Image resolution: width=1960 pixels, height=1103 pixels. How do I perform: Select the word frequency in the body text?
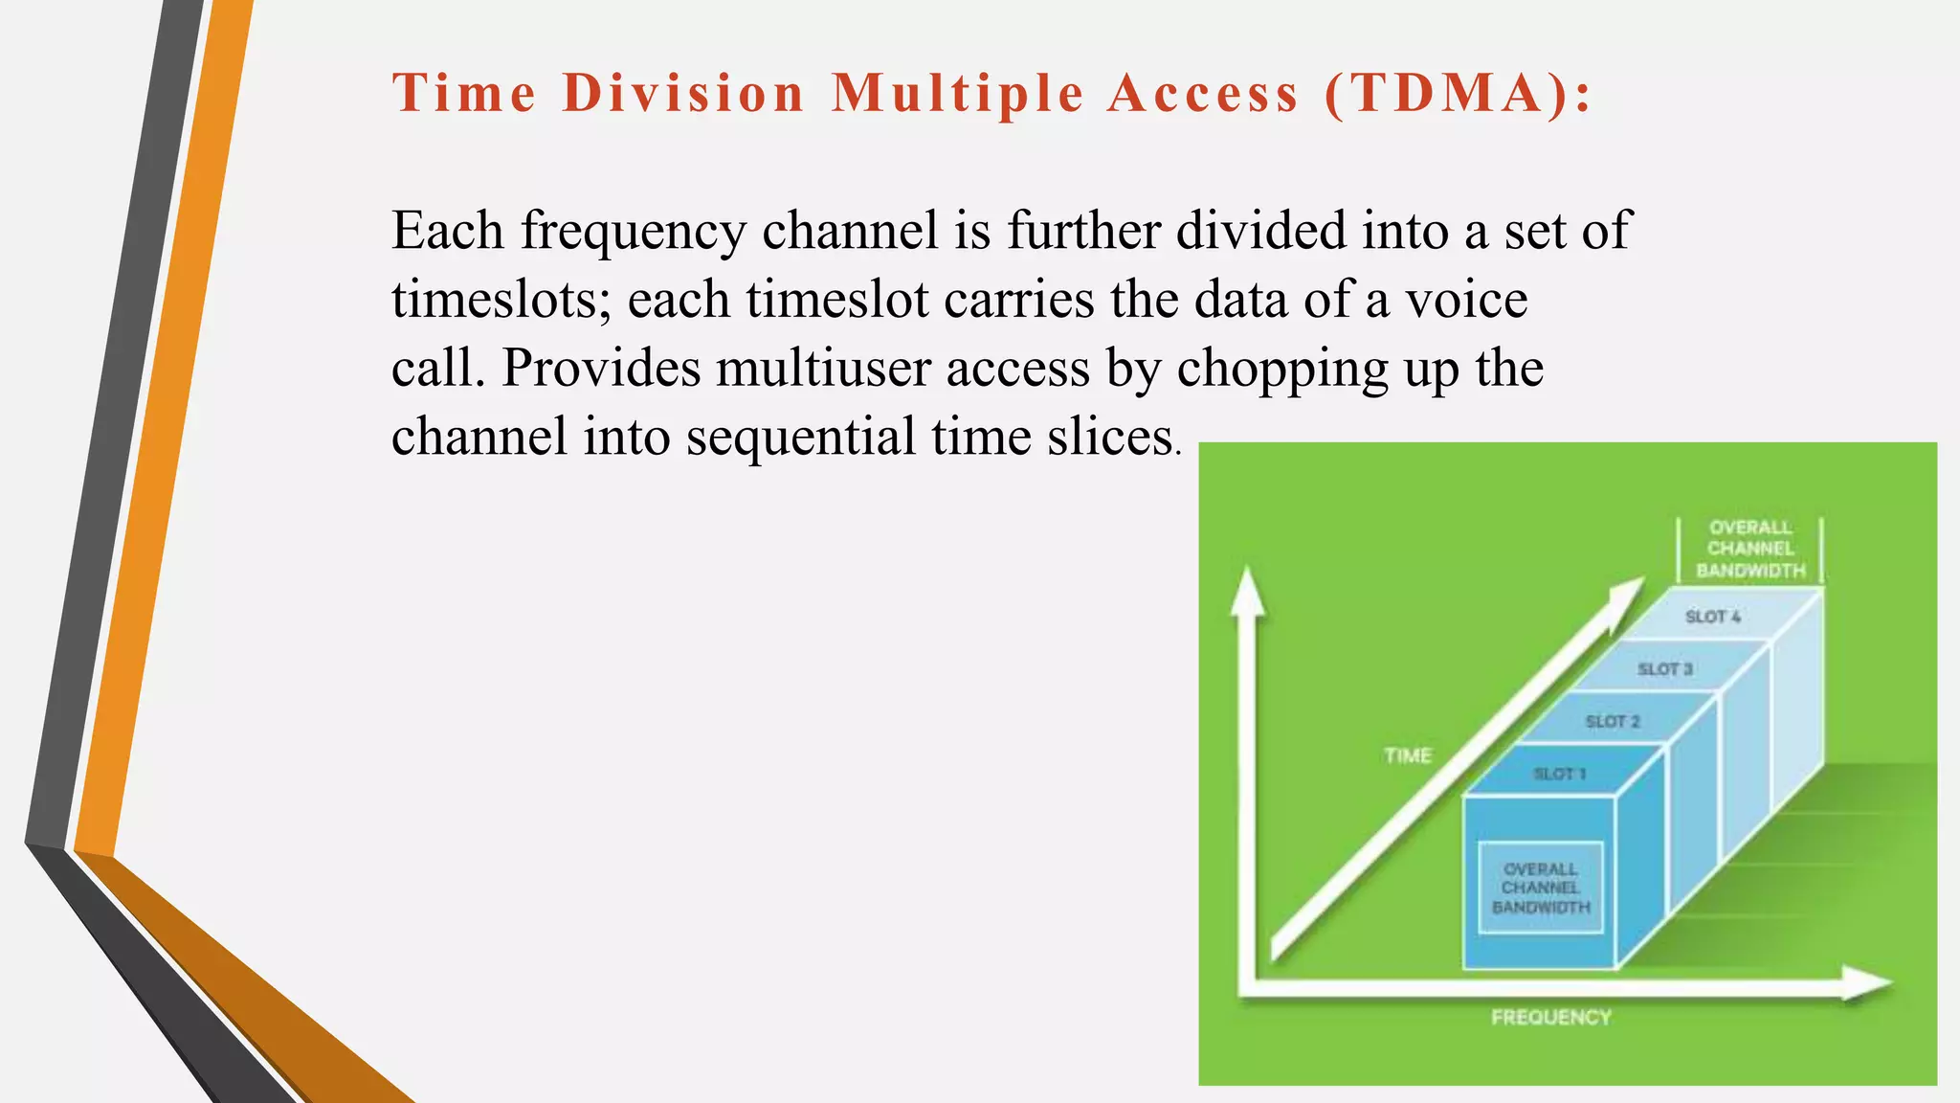[x=634, y=231]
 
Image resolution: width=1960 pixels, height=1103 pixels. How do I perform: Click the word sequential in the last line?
[x=801, y=438]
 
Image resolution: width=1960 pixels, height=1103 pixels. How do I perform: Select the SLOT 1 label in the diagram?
[x=1560, y=774]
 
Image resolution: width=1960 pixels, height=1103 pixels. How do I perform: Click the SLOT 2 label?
[x=1613, y=721]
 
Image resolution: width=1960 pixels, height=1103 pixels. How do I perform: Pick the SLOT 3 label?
[x=1665, y=668]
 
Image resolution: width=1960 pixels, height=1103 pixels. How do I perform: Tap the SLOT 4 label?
[x=1713, y=617]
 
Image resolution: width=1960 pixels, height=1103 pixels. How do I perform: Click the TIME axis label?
[x=1408, y=756]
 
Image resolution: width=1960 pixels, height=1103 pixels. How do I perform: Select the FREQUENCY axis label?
[x=1551, y=1018]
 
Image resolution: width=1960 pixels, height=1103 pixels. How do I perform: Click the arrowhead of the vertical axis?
[x=1247, y=590]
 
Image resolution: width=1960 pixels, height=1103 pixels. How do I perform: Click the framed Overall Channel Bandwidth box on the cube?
[x=1541, y=888]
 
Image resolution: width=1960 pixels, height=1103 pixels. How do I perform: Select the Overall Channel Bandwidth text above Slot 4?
[x=1750, y=549]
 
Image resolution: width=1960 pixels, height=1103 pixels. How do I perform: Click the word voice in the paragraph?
[x=1466, y=300]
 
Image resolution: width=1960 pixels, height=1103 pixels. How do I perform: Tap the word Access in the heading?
[x=1203, y=94]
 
